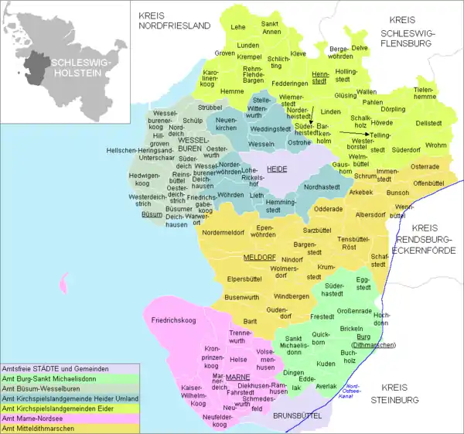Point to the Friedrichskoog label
[178, 319]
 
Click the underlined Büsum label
[152, 214]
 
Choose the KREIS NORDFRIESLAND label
[174, 20]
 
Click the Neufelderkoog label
[207, 420]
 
